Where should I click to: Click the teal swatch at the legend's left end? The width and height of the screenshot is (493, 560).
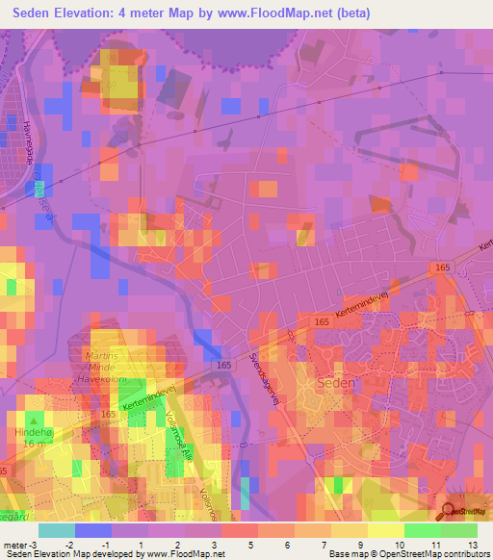(x=57, y=530)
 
